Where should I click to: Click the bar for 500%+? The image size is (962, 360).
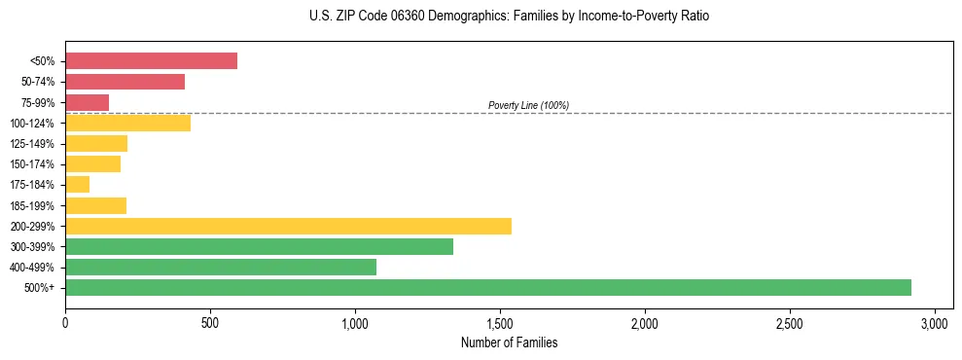coord(487,287)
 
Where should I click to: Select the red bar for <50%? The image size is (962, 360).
coord(151,61)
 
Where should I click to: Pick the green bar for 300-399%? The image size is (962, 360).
coord(259,246)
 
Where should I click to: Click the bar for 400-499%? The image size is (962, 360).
coord(221,267)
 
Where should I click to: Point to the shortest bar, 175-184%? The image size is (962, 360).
coord(77,185)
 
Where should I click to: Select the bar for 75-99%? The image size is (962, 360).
coord(87,102)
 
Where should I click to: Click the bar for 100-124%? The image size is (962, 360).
coord(127,124)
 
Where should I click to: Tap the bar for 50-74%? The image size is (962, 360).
coord(125,82)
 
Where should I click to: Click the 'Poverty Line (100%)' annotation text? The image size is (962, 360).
coord(528,105)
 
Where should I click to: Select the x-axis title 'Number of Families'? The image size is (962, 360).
coord(509,342)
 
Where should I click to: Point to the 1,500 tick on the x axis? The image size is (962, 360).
coord(500,322)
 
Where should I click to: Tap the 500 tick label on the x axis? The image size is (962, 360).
coord(210,322)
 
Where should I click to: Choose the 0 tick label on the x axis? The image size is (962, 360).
coord(65,322)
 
